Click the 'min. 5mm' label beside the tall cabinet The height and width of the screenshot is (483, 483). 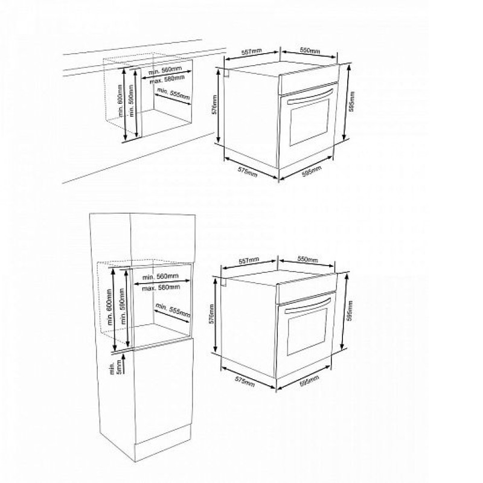[114, 368]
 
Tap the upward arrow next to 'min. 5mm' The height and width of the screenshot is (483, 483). [124, 363]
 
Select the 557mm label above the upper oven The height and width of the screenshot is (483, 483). [251, 52]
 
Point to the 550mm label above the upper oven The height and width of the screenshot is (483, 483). [310, 51]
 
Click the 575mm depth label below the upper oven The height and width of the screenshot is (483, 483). [248, 171]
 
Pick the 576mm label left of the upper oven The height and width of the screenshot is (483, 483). [214, 104]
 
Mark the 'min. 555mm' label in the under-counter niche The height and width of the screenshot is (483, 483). [173, 94]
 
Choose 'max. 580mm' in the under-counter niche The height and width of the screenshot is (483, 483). [167, 80]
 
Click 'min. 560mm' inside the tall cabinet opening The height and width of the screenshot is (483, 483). [160, 277]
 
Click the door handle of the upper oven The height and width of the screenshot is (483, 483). [310, 97]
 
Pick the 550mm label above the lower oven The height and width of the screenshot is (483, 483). [307, 260]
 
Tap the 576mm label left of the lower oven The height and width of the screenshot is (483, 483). [212, 314]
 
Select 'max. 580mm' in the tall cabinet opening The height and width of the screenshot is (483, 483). [161, 287]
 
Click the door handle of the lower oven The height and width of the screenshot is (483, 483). [308, 305]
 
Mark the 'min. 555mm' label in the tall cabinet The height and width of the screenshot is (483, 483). [173, 310]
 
